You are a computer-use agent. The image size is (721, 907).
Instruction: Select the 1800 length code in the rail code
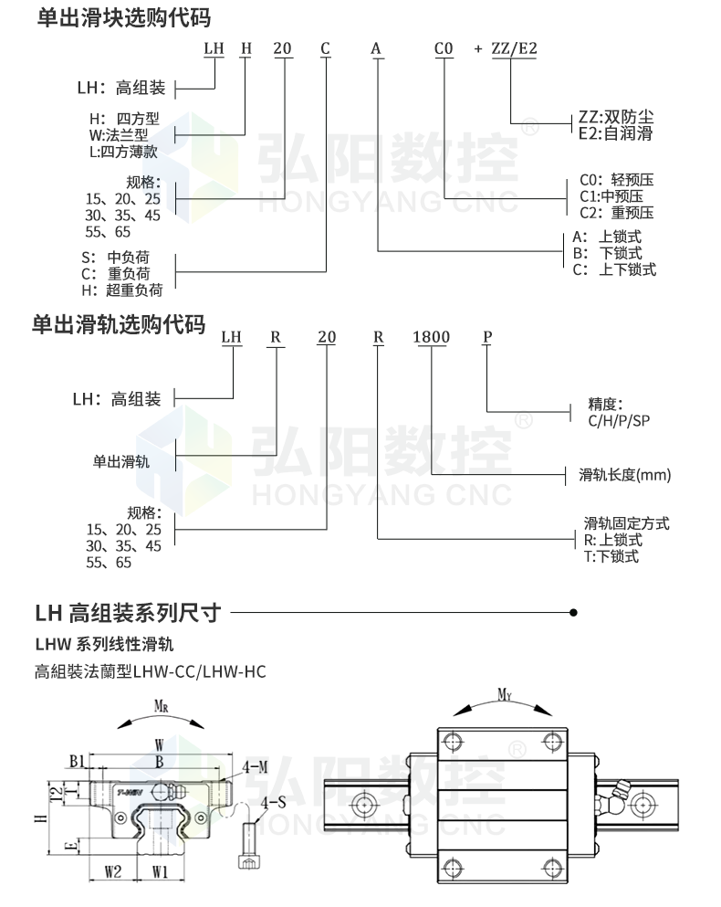432,337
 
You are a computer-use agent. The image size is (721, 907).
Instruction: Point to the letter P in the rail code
487,337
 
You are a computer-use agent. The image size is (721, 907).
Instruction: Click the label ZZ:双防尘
616,117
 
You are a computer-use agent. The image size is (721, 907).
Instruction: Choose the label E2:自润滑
616,133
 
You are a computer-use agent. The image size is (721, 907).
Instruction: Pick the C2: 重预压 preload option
617,213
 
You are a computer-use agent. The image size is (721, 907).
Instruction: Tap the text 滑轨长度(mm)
625,474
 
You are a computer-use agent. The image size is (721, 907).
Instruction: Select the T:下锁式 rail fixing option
611,556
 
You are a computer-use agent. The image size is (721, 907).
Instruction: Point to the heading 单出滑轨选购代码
119,324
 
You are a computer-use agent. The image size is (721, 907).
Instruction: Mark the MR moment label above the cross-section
160,706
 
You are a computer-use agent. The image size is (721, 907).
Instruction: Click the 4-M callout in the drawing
255,765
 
